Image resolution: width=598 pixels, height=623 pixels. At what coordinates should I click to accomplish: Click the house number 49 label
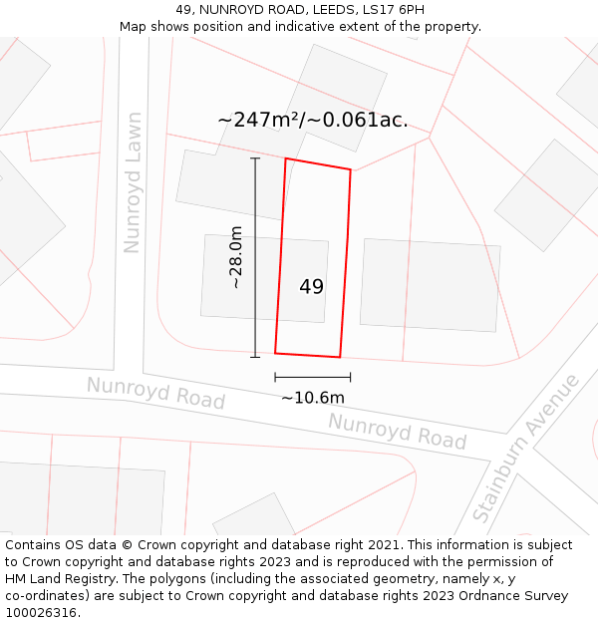pyautogui.click(x=311, y=287)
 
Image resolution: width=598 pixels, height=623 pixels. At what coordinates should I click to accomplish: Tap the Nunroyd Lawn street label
pyautogui.click(x=132, y=182)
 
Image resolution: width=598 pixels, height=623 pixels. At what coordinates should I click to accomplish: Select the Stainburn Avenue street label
pyautogui.click(x=525, y=449)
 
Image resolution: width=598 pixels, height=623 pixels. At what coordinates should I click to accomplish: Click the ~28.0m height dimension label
pyautogui.click(x=236, y=257)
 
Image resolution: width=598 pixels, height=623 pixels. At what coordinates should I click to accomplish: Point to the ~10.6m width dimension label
pyautogui.click(x=312, y=398)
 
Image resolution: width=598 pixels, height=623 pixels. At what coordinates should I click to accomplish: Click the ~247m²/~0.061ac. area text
pyautogui.click(x=312, y=120)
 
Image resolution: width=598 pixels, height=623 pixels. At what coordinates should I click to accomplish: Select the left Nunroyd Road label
pyautogui.click(x=155, y=393)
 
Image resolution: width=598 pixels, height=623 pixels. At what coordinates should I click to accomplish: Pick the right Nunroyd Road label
pyautogui.click(x=397, y=431)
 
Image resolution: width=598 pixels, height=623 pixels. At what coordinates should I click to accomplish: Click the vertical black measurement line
pyautogui.click(x=255, y=257)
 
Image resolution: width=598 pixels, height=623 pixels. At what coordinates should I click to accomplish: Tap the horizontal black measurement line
pyautogui.click(x=312, y=378)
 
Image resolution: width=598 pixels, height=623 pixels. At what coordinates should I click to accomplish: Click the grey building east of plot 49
pyautogui.click(x=430, y=285)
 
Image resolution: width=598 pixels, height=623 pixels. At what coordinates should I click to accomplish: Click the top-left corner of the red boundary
pyautogui.click(x=286, y=158)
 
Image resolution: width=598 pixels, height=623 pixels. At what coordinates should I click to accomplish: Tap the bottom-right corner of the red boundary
pyautogui.click(x=340, y=357)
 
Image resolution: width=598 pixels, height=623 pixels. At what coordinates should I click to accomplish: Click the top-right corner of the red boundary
pyautogui.click(x=351, y=169)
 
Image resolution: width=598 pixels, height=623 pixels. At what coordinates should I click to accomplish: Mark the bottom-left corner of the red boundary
pyautogui.click(x=275, y=353)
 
